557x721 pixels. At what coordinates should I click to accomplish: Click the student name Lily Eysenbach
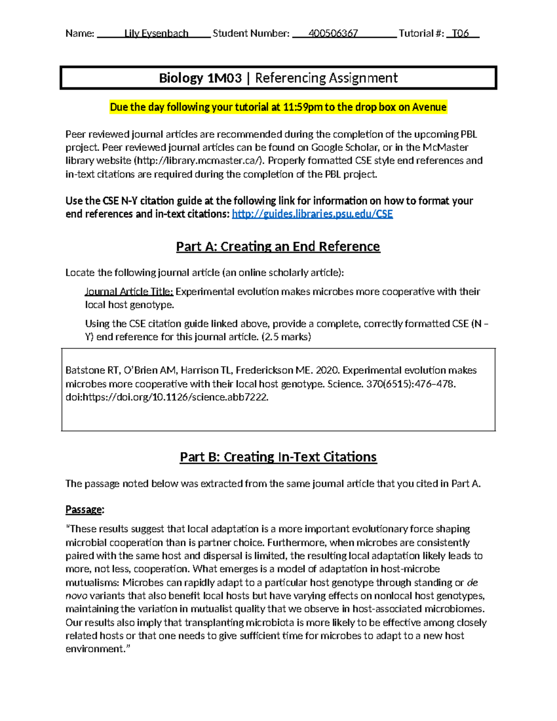[x=156, y=33]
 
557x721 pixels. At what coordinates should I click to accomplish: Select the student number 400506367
[x=333, y=33]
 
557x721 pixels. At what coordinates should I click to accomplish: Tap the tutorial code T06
[x=460, y=33]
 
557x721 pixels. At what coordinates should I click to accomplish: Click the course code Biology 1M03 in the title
[x=200, y=78]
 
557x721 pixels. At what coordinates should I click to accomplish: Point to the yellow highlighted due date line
[x=278, y=107]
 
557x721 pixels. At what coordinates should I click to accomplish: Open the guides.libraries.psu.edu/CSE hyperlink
[x=312, y=214]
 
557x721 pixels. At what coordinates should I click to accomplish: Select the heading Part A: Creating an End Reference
[x=278, y=247]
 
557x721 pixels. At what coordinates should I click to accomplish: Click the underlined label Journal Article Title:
[x=129, y=292]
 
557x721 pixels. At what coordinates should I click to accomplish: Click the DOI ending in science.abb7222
[x=167, y=397]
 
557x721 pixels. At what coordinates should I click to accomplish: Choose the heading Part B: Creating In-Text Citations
[x=278, y=457]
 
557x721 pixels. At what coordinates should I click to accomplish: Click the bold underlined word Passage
[x=84, y=510]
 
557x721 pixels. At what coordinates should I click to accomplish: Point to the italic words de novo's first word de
[x=472, y=583]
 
